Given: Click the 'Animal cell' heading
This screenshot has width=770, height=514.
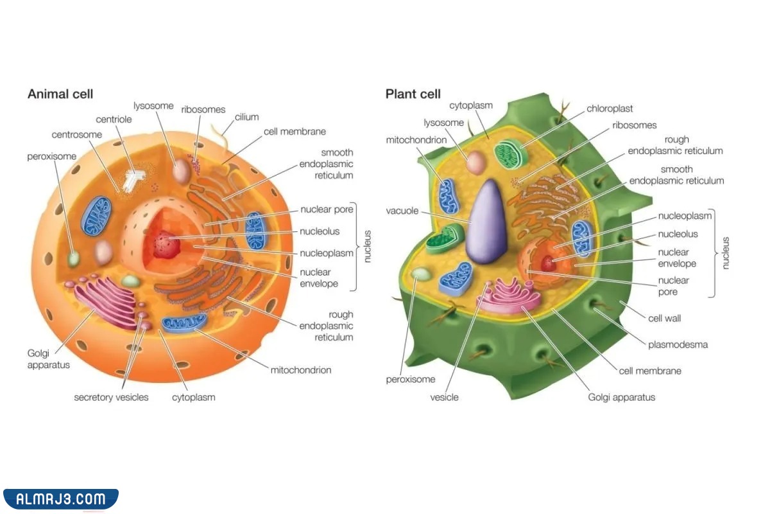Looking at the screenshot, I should [60, 94].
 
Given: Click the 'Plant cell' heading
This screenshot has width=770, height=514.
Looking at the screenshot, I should [413, 94].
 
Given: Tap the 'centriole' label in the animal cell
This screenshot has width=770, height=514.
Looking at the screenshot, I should [114, 120].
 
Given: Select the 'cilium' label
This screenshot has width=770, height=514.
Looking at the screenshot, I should [246, 117].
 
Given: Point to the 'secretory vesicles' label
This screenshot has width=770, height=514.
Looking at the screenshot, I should [111, 397].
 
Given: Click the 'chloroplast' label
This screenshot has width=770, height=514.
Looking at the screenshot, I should [610, 109].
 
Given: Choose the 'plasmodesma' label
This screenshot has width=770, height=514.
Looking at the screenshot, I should [678, 344].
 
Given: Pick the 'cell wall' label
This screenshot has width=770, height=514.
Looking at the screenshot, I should [664, 318].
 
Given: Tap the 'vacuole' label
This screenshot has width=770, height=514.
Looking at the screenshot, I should [402, 211].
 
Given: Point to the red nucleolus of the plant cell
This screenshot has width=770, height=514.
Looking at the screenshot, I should [548, 263].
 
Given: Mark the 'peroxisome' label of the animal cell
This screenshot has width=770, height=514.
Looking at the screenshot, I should [51, 156].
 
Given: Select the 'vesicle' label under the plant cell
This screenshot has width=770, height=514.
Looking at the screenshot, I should [444, 397].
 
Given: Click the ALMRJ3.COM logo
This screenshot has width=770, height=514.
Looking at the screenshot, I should [60, 499].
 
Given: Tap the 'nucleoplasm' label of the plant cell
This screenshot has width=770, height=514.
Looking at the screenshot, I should [685, 216].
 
